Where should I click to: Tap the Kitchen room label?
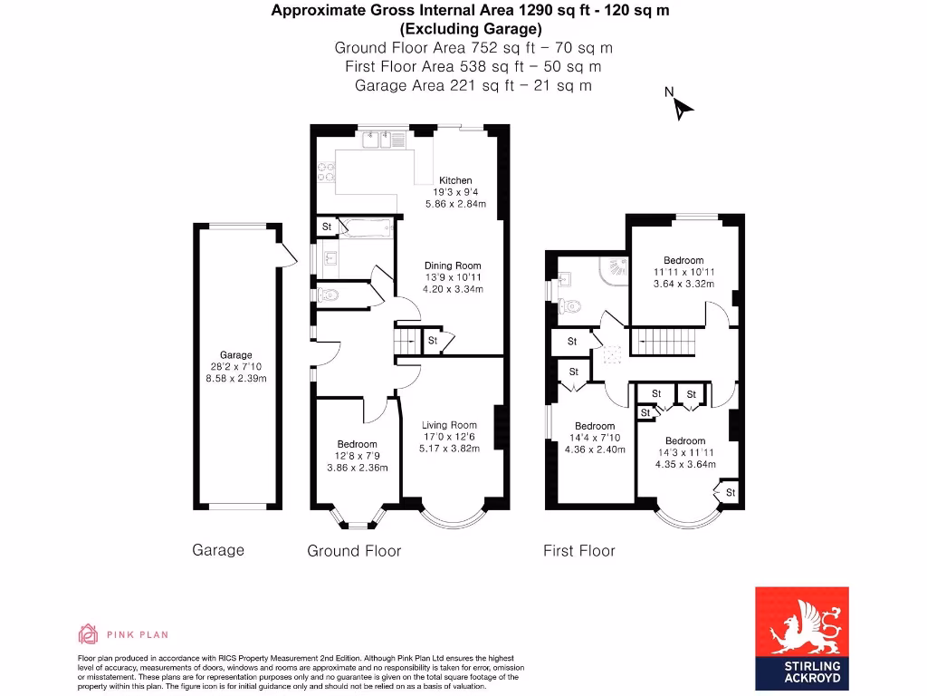[x=456, y=180]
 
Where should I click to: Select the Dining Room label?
[x=453, y=266]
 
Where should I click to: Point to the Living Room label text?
[x=449, y=425]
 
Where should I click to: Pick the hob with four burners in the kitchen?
[x=326, y=171]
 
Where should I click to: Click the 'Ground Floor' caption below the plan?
[x=354, y=551]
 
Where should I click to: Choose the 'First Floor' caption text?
[x=578, y=551]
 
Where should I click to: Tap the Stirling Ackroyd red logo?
[x=802, y=637]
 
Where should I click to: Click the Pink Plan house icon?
[x=88, y=633]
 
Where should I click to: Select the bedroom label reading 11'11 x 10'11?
[x=683, y=272]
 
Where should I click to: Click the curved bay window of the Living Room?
[x=451, y=519]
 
